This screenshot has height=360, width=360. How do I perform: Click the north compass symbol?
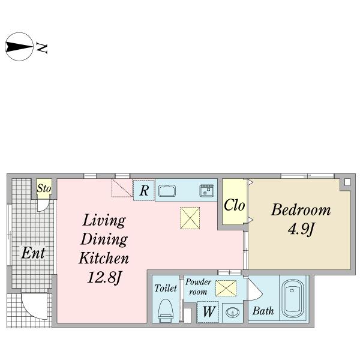(x=19, y=47)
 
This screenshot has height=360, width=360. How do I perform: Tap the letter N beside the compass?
(x=41, y=48)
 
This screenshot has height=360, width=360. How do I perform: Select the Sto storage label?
(x=44, y=188)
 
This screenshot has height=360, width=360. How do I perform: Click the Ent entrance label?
(x=33, y=253)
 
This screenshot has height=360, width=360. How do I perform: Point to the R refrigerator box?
(x=144, y=191)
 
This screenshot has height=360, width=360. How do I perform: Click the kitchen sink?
(x=167, y=191)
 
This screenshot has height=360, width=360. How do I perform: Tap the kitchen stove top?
(x=206, y=191)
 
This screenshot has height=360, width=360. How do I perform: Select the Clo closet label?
(x=234, y=205)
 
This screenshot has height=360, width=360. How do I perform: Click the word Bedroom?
(x=301, y=209)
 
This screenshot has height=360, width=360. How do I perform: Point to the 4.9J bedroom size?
(x=301, y=229)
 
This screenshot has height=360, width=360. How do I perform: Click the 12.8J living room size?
(x=104, y=277)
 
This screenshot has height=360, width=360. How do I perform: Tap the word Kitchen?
(x=104, y=258)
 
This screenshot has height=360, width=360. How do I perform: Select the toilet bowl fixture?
(x=166, y=311)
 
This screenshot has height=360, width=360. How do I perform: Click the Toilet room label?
(x=166, y=288)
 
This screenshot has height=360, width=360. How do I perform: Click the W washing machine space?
(x=208, y=312)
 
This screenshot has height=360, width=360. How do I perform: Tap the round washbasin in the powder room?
(x=233, y=313)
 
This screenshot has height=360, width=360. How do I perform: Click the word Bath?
(x=263, y=311)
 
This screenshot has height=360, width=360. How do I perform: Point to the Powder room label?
(x=198, y=287)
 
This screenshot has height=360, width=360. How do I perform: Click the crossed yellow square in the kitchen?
(x=190, y=218)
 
